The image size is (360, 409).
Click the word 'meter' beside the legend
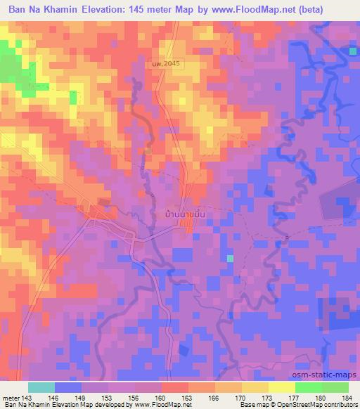(x=13, y=397)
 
